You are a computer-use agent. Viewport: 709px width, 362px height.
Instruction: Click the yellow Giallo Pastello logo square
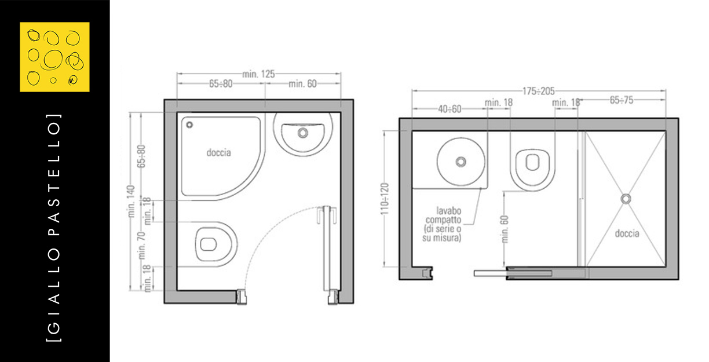pyautogui.click(x=54, y=57)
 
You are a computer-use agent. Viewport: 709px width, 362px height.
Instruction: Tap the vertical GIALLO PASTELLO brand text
pyautogui.click(x=54, y=227)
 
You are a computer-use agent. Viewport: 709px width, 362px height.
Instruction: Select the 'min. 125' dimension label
pyautogui.click(x=258, y=74)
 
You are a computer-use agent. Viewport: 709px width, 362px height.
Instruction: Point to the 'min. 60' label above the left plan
pyautogui.click(x=302, y=83)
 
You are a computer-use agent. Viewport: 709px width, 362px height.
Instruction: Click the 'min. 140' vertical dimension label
pyautogui.click(x=131, y=201)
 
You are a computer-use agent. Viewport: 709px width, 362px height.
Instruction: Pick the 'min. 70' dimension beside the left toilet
pyautogui.click(x=141, y=245)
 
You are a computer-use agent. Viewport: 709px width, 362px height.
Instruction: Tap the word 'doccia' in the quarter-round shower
pyautogui.click(x=219, y=152)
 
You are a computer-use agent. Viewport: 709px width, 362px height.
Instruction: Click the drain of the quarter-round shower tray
pyautogui.click(x=189, y=125)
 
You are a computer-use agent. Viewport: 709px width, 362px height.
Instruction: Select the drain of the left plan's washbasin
pyautogui.click(x=303, y=133)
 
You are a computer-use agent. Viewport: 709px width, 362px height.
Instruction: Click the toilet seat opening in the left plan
pyautogui.click(x=209, y=244)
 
